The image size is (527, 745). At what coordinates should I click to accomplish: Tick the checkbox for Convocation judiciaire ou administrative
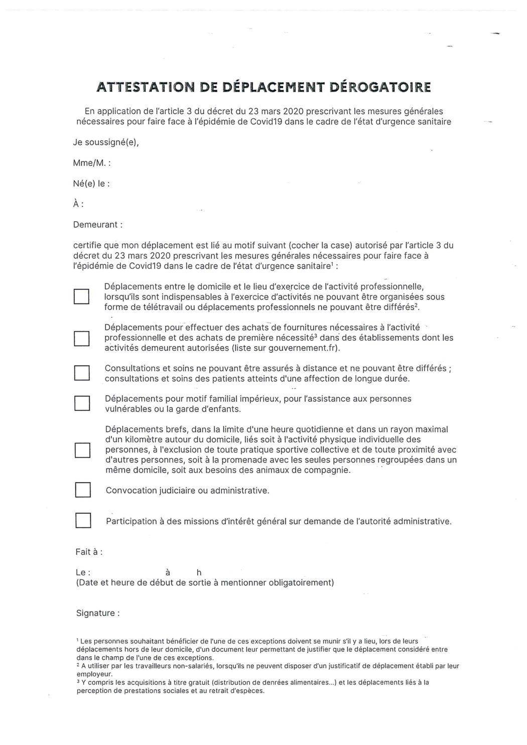point(83,490)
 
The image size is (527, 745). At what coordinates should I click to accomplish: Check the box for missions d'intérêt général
point(83,520)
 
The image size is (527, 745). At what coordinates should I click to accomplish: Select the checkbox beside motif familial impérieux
point(82,403)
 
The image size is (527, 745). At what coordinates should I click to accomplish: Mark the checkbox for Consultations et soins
point(82,373)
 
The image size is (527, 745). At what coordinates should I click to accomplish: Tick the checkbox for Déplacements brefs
point(82,450)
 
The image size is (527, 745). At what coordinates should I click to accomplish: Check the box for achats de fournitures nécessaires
point(81,339)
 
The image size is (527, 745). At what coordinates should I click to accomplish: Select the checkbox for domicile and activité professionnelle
point(81,296)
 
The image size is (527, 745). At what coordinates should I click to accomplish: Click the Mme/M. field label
point(91,163)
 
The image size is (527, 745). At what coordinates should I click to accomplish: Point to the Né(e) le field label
point(91,184)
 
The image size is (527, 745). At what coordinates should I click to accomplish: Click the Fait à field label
point(89,552)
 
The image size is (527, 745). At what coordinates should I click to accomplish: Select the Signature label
point(98,613)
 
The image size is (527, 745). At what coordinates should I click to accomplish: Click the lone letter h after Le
point(199,572)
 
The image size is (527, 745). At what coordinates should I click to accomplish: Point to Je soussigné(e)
point(106,142)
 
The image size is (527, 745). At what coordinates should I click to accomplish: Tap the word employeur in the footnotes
point(93,674)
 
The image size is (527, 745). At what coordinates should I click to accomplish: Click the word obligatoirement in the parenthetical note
point(302,582)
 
